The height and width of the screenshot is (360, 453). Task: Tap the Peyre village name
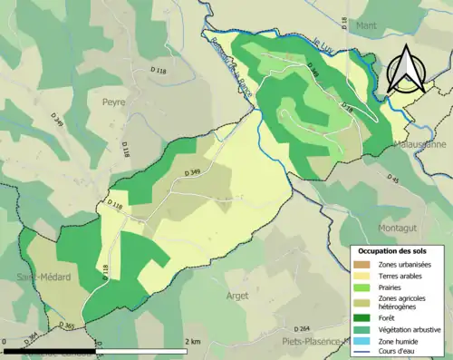[x=113, y=102]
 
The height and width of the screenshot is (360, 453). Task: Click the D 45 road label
[x=394, y=180]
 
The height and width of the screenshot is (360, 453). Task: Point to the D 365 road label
[x=67, y=325]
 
